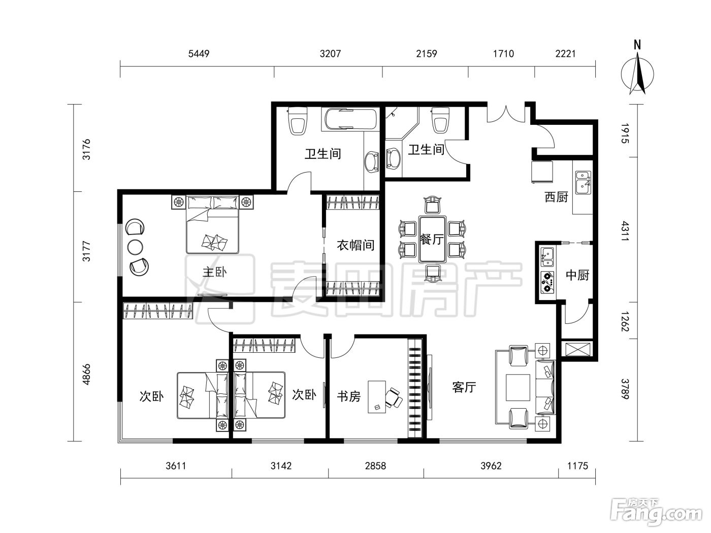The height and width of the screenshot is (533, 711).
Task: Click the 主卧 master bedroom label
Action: pos(214,272)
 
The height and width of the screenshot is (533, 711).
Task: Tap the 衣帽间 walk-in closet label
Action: pos(355,245)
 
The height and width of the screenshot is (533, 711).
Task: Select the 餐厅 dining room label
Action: pos(432,239)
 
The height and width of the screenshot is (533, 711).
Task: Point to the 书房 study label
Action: pos(348,396)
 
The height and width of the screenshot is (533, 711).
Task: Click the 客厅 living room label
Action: pos(464,387)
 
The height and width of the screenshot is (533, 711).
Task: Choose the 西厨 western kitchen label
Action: pos(556,197)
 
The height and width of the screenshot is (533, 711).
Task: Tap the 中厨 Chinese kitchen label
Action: pos(577,275)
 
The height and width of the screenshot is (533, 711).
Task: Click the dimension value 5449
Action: pos(199,53)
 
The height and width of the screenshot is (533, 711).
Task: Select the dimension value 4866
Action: pos(86,375)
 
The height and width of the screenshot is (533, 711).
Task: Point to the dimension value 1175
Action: pos(577,466)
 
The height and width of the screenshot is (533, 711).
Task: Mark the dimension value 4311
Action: pos(625,231)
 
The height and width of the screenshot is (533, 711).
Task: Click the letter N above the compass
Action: pos(637,45)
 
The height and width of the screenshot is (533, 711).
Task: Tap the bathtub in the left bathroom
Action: pos(350,119)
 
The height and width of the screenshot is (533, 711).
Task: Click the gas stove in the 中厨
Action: pos(547,282)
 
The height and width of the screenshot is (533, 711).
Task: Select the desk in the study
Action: pos(377,397)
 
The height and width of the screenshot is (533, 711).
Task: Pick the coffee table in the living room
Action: pos(518,387)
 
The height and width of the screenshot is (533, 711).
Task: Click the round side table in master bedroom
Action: pos(135,247)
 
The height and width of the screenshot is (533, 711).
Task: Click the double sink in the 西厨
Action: pos(583,182)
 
